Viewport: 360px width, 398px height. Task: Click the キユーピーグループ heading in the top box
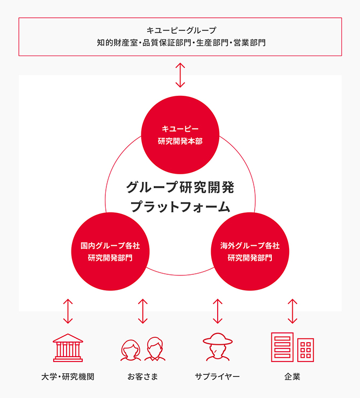[x=181, y=31]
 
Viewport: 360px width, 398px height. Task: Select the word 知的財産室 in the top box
[x=117, y=42]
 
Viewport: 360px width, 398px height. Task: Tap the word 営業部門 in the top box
[x=250, y=42]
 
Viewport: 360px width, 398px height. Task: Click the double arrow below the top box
[x=180, y=75]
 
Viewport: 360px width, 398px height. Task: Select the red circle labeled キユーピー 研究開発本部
[x=180, y=135]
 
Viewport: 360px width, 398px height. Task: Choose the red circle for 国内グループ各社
[x=110, y=252]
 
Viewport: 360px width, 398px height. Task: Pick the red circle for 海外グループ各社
[x=250, y=252]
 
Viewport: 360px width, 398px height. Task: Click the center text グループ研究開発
[x=180, y=187]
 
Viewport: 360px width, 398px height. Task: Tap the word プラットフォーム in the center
[x=180, y=206]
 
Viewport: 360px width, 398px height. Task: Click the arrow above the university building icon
[x=68, y=311]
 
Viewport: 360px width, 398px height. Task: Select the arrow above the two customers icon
[x=143, y=311]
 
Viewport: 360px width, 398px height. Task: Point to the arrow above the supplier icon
[x=218, y=311]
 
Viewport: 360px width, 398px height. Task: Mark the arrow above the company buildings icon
[x=292, y=311]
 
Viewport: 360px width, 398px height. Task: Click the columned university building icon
[x=68, y=347]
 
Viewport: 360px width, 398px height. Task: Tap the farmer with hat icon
[x=218, y=347]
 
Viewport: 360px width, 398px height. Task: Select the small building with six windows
[x=306, y=350]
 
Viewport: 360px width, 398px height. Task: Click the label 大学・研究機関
[x=68, y=376]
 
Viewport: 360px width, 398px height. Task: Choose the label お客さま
[x=143, y=376]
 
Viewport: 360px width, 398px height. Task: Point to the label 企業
[x=292, y=376]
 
